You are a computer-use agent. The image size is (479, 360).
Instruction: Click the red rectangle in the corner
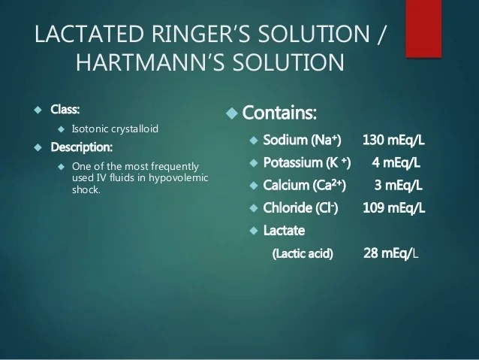click(423, 29)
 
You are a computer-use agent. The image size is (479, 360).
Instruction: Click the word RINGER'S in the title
click(201, 34)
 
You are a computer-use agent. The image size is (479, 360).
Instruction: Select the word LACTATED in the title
click(89, 34)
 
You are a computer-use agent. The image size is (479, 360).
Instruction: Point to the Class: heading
click(65, 109)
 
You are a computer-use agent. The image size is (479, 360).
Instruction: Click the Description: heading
click(82, 147)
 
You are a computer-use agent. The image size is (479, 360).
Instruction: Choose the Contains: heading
click(279, 113)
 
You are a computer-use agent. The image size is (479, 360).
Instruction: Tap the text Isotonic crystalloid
click(115, 129)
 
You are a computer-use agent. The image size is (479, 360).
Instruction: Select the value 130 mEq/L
click(393, 140)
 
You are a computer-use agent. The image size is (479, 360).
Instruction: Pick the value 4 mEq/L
click(396, 163)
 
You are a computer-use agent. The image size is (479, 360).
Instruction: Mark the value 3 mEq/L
click(399, 186)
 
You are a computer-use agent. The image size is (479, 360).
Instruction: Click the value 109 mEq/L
click(393, 208)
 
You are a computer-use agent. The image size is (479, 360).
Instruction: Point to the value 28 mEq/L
click(390, 253)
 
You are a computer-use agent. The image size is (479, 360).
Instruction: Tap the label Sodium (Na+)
click(302, 140)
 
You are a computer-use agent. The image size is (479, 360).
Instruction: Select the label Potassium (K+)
click(307, 162)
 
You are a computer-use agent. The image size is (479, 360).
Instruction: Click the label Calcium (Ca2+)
click(305, 185)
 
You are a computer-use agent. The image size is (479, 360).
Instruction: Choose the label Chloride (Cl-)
click(300, 207)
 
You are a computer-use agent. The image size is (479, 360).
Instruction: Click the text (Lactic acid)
click(303, 253)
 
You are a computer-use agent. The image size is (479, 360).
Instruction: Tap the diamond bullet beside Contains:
click(232, 113)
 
